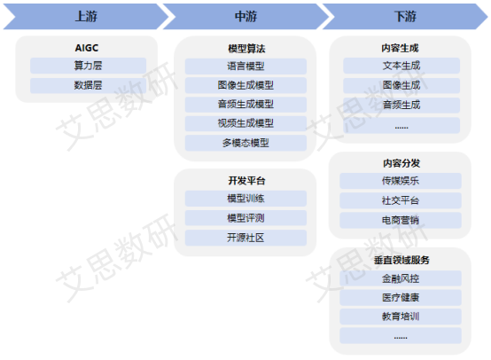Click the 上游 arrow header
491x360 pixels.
click(x=86, y=17)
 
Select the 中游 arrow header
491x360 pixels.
click(x=245, y=17)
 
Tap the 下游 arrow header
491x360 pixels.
click(x=405, y=17)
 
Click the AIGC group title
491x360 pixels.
click(x=87, y=48)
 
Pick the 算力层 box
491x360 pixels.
click(x=89, y=66)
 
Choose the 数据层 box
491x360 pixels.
click(x=89, y=85)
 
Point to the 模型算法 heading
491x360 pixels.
click(x=246, y=49)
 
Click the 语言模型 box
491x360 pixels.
click(x=245, y=67)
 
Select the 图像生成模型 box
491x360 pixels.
click(x=245, y=85)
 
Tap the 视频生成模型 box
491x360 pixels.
click(x=245, y=123)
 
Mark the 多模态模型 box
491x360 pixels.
click(x=245, y=143)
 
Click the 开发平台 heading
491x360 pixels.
click(x=246, y=181)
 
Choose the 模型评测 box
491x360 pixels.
click(x=245, y=218)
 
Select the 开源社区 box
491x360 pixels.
click(x=245, y=238)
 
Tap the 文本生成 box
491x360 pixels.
click(x=401, y=66)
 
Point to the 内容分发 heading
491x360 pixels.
click(x=401, y=163)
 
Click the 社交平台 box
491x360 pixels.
click(x=401, y=200)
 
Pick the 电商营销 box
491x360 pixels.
click(x=401, y=220)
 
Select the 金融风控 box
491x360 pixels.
click(x=401, y=278)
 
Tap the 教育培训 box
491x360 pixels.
click(x=401, y=317)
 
